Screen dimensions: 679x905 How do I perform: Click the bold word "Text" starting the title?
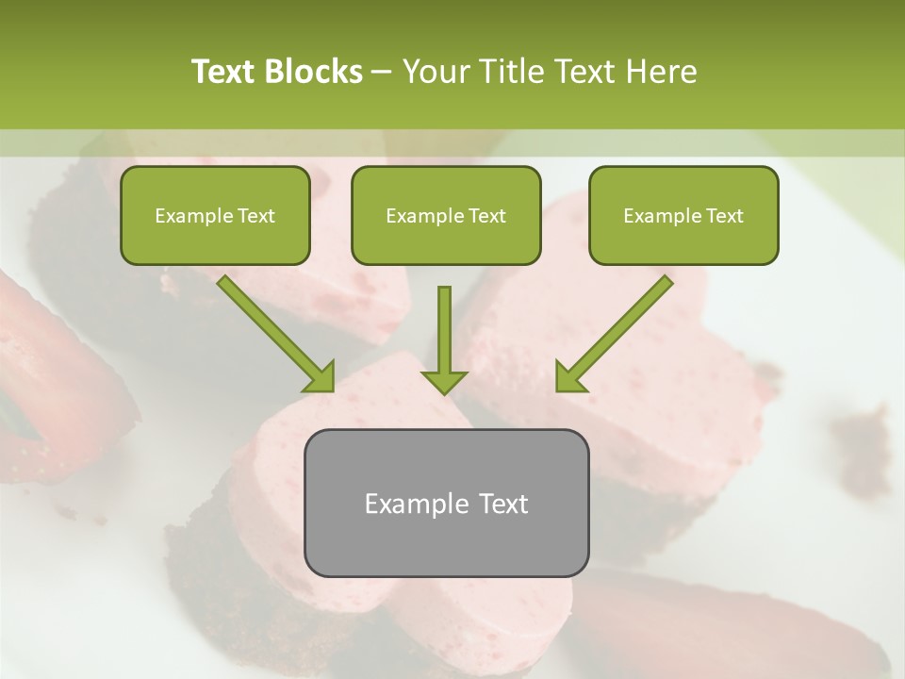tap(223, 72)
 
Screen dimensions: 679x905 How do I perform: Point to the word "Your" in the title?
tap(435, 72)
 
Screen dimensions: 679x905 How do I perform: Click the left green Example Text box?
tap(215, 216)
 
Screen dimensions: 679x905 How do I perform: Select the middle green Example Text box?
tap(446, 216)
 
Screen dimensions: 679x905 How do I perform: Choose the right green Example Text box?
tap(683, 216)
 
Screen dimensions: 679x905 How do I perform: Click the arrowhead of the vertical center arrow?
tap(444, 380)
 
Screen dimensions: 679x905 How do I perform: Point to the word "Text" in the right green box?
tap(724, 216)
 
